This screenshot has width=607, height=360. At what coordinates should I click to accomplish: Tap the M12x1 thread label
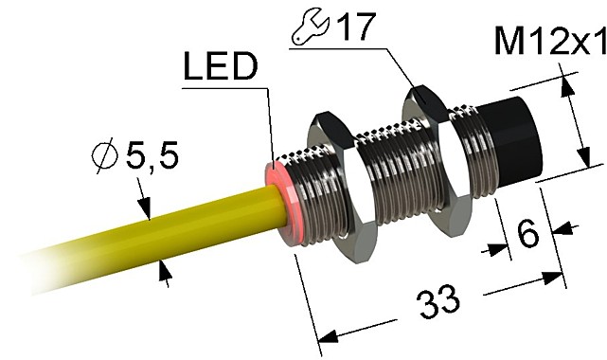click(550, 42)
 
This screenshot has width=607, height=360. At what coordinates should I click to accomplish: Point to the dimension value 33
click(438, 306)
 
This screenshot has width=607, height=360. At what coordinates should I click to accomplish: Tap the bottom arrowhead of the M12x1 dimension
click(581, 158)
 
